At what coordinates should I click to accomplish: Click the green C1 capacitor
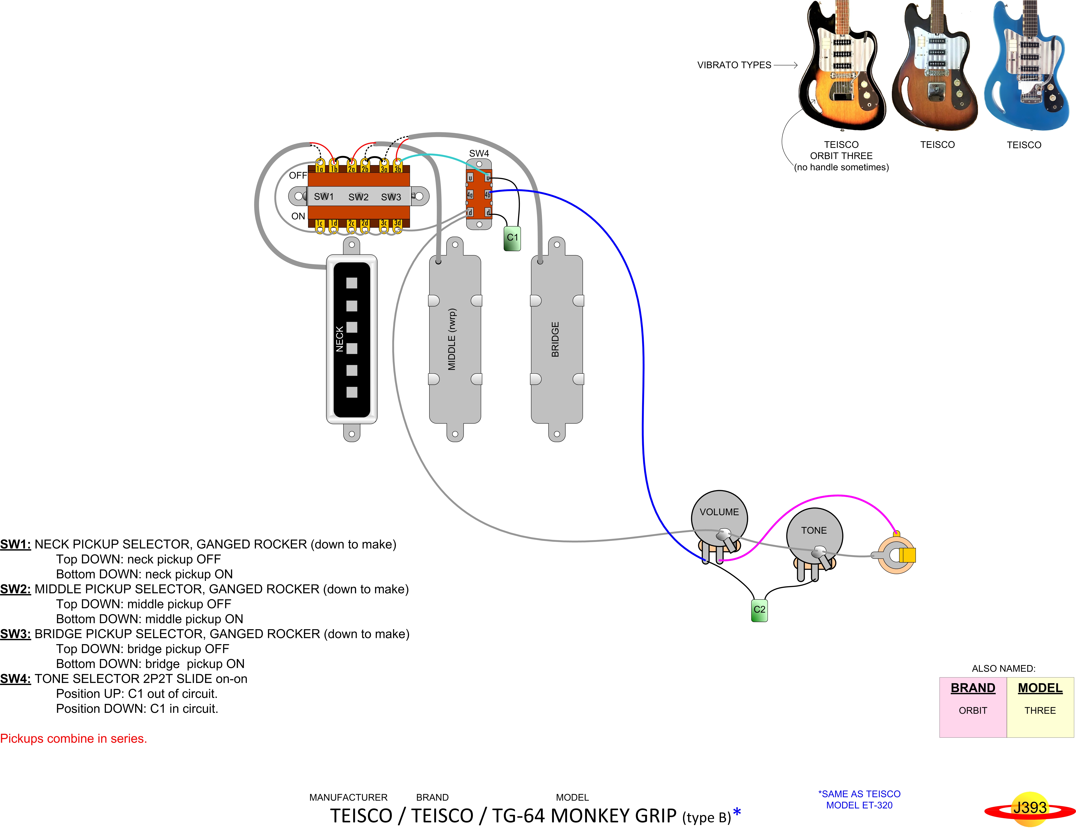pos(512,238)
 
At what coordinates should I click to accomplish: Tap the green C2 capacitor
pos(759,610)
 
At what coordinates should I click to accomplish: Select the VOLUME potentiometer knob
pos(719,515)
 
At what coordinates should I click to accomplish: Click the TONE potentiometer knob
pos(814,533)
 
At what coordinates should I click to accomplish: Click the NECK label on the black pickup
pos(339,339)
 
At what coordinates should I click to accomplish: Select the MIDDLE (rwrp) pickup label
pos(452,339)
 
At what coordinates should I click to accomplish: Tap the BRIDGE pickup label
pos(555,339)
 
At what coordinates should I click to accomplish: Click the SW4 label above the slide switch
pos(479,153)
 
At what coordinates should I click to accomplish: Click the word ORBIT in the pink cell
pos(973,710)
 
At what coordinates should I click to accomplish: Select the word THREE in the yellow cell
pos(1040,710)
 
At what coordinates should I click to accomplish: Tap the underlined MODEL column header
pos(1040,688)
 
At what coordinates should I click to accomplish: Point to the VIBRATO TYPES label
pos(734,65)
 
